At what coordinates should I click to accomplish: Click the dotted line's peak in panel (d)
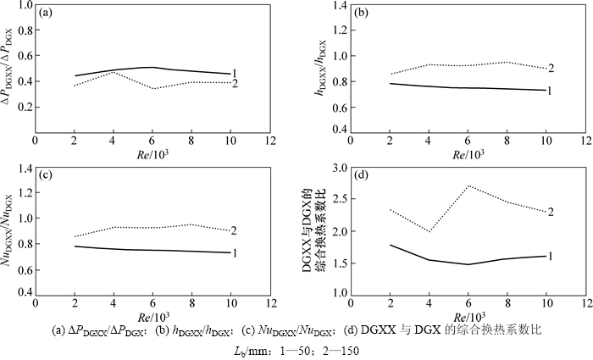(x=468, y=186)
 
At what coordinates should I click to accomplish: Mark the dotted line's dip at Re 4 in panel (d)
(x=430, y=232)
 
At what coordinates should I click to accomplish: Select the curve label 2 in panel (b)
(x=551, y=68)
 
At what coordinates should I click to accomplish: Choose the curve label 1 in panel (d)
(x=551, y=256)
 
